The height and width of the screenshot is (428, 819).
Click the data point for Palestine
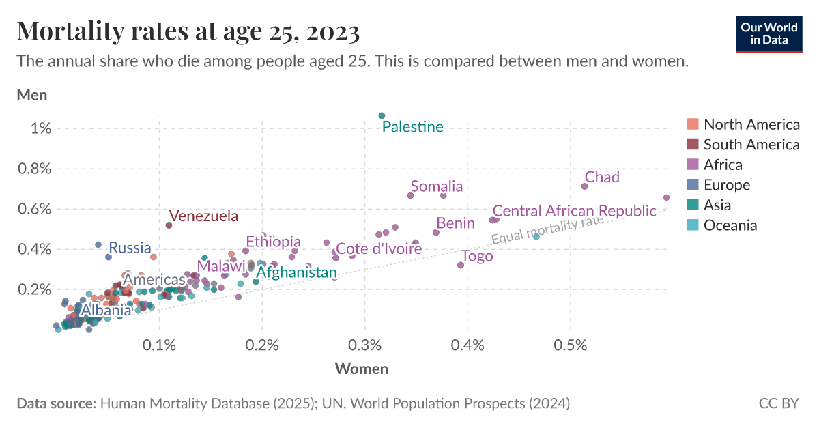[x=382, y=115]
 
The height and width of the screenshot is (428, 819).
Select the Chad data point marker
[x=584, y=186]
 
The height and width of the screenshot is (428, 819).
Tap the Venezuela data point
[x=169, y=225]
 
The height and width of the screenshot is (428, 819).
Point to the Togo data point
[x=461, y=265]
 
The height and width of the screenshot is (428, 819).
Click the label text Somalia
[x=437, y=186]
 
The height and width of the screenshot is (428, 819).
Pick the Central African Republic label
[x=574, y=211]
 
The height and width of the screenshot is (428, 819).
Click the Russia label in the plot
[x=130, y=248]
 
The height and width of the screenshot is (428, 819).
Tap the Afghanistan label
[x=296, y=273]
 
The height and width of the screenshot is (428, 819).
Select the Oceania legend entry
[x=730, y=225]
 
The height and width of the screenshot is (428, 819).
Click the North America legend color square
[x=693, y=124]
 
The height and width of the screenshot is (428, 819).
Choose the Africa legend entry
[x=723, y=165]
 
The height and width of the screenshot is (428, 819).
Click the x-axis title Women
[x=361, y=369]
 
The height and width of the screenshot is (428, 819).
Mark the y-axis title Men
[x=32, y=95]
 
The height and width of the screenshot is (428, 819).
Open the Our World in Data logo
[x=769, y=33]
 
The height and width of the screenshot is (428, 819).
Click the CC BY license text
[x=778, y=403]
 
